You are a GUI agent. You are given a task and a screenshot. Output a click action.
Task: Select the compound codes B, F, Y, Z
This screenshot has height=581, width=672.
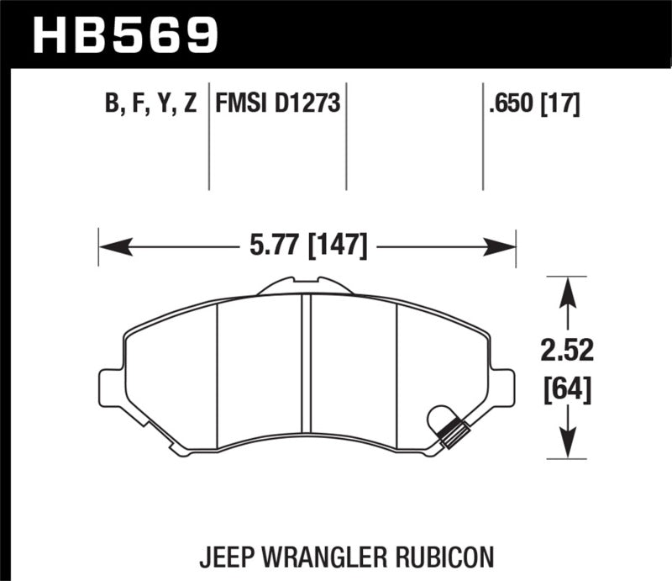click(151, 104)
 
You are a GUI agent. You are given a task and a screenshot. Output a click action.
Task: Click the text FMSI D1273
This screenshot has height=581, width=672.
click(278, 104)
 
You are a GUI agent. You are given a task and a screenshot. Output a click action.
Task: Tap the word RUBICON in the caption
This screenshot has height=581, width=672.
click(450, 557)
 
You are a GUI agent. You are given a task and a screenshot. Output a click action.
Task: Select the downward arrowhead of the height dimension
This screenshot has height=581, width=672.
click(569, 444)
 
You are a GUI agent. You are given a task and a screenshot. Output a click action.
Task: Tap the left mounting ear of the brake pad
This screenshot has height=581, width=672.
click(110, 388)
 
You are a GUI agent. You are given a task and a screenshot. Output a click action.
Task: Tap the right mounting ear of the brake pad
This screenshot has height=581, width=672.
click(503, 388)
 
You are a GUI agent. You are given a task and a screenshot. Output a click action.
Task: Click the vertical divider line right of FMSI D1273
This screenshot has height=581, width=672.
click(347, 135)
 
